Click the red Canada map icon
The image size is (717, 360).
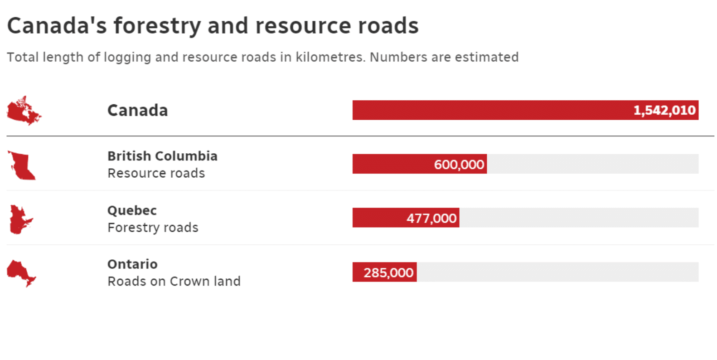coord(23,112)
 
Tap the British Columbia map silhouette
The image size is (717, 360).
coord(22,166)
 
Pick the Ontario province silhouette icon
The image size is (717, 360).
coord(20,272)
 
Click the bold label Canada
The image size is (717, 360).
coord(137,110)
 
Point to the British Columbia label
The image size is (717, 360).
coord(162,156)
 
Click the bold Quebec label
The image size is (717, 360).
coord(132,210)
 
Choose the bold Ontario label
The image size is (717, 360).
coord(132,264)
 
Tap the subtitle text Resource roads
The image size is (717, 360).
coord(156,173)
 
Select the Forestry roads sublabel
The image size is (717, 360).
coord(153,227)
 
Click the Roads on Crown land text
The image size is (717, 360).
coord(174,281)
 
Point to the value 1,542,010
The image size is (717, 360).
coord(664,110)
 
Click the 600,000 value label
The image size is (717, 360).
coord(459,164)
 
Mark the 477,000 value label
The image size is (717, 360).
coord(431,218)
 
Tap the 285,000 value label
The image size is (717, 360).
coord(388,272)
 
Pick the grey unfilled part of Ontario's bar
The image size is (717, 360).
coord(557,272)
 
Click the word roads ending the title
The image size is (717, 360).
coord(388,26)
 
